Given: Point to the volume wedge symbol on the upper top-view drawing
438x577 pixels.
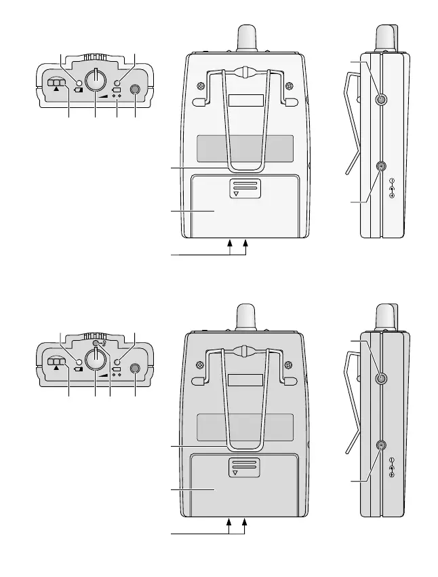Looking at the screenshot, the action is click(102, 97).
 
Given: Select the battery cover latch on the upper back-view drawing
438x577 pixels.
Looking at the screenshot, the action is click(245, 188).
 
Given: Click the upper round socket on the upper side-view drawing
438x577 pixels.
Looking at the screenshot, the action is click(380, 100).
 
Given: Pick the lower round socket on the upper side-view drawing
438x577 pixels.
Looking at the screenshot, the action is click(381, 166).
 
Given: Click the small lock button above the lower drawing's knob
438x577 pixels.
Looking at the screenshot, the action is click(98, 343).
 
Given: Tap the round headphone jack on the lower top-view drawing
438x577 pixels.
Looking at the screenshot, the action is click(135, 369).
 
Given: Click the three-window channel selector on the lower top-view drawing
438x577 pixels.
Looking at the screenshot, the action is click(56, 362).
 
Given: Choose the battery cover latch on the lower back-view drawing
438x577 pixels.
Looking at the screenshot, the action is click(245, 467).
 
